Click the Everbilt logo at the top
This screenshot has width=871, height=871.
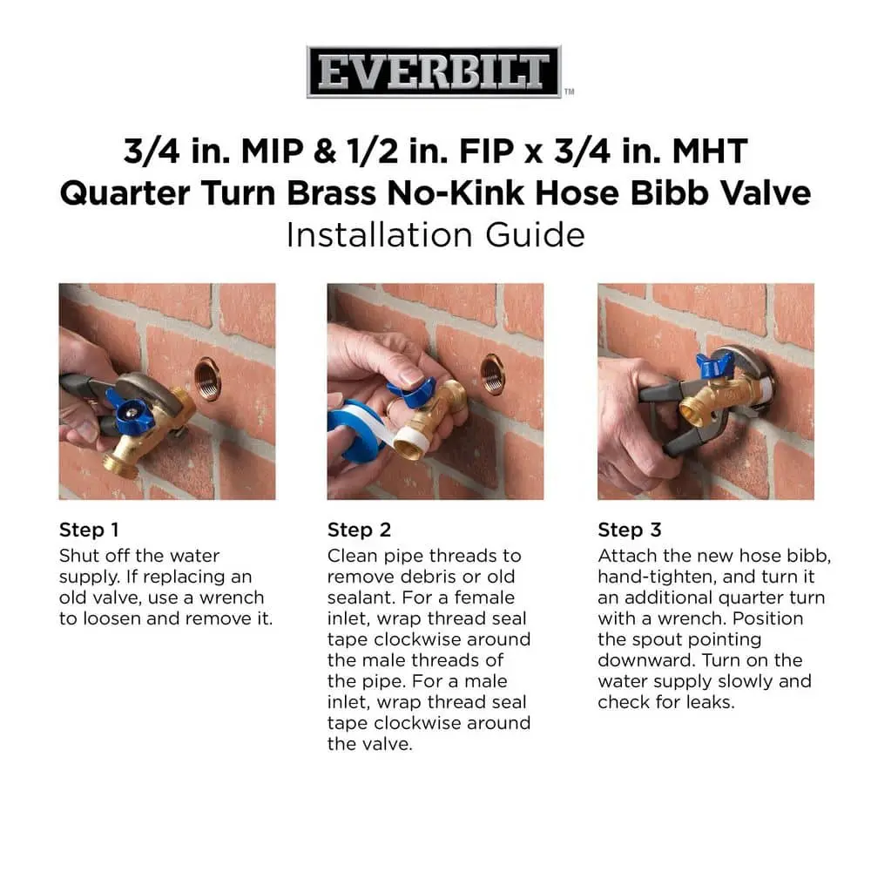434,71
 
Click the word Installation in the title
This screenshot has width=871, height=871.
381,234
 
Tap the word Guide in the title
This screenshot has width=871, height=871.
535,234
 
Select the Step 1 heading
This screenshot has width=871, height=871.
89,530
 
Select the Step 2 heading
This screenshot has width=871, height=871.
359,530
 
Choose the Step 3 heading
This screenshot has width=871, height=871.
630,530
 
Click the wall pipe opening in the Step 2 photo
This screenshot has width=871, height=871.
492,375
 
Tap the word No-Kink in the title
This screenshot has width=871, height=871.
456,193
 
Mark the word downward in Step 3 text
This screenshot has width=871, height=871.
646,660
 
